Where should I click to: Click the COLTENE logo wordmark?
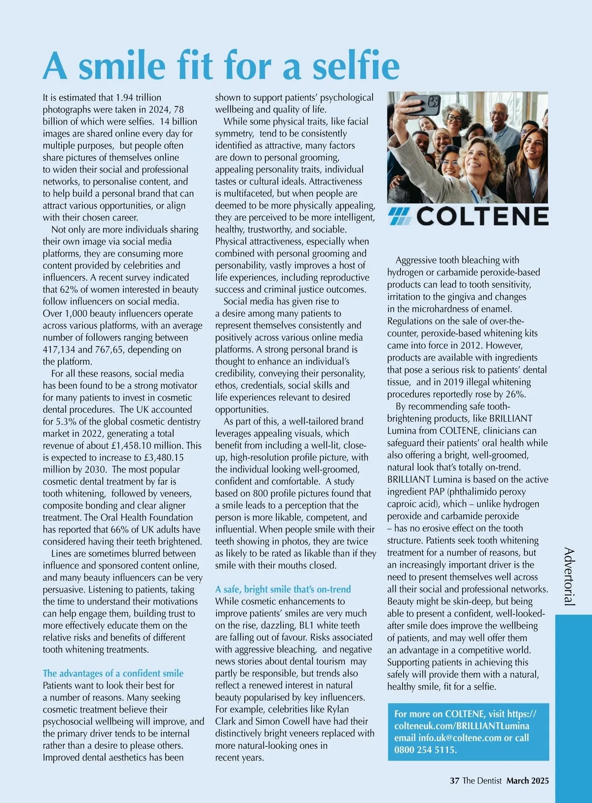coord(482,217)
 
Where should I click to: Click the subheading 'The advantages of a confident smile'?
coord(113,673)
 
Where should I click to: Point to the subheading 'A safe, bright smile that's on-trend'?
coord(283,589)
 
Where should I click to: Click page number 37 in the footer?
coord(454,780)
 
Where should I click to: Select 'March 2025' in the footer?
coord(527,780)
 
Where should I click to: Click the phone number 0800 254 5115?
coord(425,750)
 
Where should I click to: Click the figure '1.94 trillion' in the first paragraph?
coord(138,98)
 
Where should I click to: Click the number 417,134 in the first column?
coord(59,350)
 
